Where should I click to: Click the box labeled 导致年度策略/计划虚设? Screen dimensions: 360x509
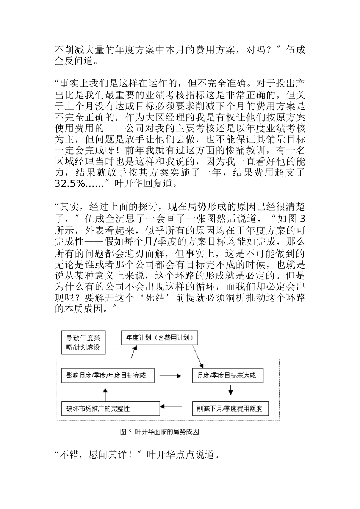coord(83,342)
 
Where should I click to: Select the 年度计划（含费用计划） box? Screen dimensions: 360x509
coord(159,338)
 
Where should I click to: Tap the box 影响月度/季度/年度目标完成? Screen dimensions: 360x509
coord(106,376)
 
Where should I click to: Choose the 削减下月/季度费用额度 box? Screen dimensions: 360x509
coord(230,409)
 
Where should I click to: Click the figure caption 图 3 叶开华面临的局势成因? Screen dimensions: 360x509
coord(159,432)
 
